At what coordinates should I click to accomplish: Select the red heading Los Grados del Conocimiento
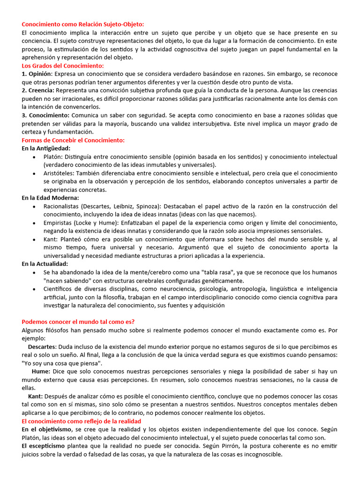coord(63,66)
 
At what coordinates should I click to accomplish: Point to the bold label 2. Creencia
coord(38,90)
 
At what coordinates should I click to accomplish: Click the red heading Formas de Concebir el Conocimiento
coord(73,140)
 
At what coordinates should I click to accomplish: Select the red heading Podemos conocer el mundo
coord(78,322)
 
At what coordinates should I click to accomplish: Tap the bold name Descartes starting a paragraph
coord(42,346)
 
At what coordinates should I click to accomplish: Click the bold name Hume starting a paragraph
coord(41,371)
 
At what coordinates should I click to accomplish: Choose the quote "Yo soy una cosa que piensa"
coord(62,363)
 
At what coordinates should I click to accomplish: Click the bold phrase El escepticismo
coord(43,446)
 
